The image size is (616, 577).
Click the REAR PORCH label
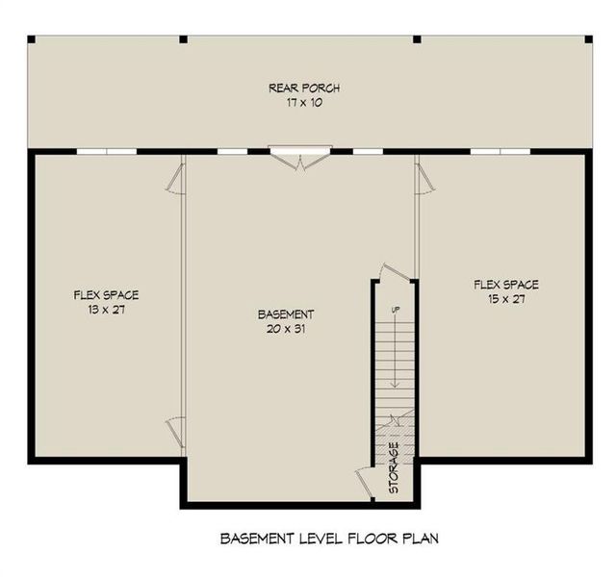(x=303, y=88)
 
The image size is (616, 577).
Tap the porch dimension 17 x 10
(x=303, y=102)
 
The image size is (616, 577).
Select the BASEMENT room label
(x=286, y=314)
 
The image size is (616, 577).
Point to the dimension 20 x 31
(x=286, y=328)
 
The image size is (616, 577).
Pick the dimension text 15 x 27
(x=505, y=298)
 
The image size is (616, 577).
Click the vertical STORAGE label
(x=394, y=469)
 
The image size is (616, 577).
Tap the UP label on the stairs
(x=395, y=310)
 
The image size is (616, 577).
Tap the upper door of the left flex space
(x=176, y=177)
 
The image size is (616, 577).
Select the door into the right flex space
(x=423, y=178)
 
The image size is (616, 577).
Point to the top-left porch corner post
(x=31, y=38)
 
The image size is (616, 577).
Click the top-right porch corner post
(x=588, y=38)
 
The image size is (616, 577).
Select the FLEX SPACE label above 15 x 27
(x=505, y=285)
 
